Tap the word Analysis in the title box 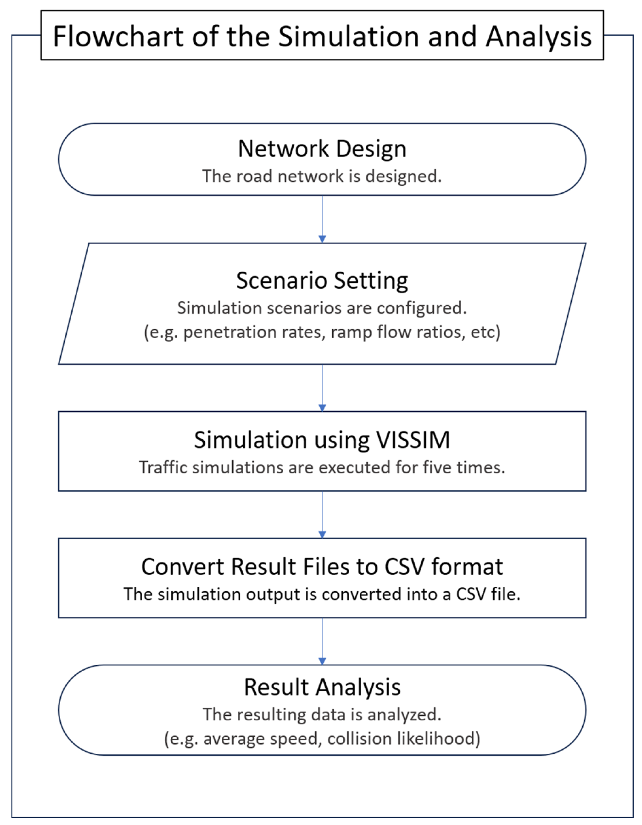tap(538, 37)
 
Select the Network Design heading tap(322, 149)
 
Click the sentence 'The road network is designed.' tap(322, 176)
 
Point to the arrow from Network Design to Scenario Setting tap(322, 219)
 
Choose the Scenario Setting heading tap(322, 280)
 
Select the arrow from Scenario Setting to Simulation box tap(322, 387)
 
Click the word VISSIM tap(413, 440)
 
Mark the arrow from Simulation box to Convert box tap(322, 514)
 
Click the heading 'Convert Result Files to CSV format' tap(322, 567)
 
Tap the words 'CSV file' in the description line tap(488, 594)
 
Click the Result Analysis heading tap(322, 687)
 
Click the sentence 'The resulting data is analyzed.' tap(322, 714)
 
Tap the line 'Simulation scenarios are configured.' tap(322, 308)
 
